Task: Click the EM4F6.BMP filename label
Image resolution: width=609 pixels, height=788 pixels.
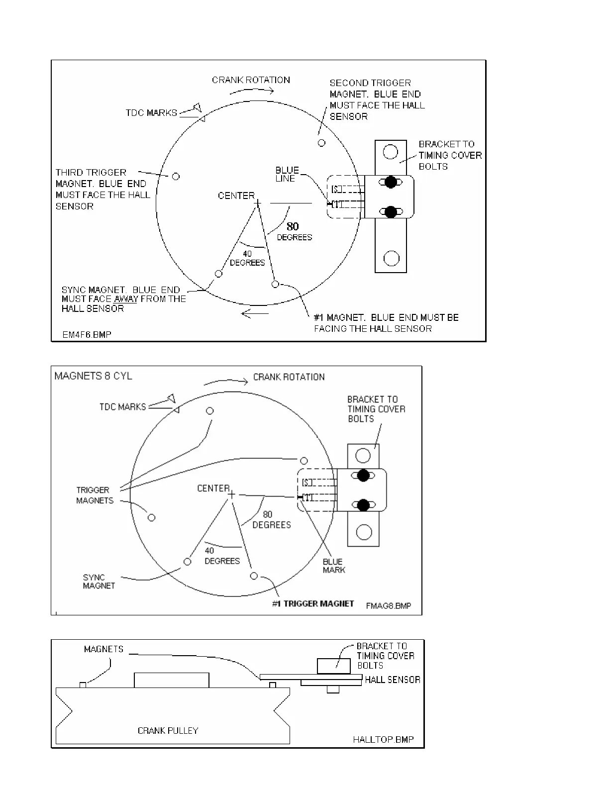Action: pyautogui.click(x=87, y=335)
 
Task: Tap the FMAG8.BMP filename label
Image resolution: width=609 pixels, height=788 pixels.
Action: pyautogui.click(x=388, y=606)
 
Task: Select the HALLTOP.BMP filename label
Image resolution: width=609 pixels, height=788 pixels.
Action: pyautogui.click(x=383, y=740)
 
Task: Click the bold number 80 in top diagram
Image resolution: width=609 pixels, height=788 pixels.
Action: pyautogui.click(x=293, y=227)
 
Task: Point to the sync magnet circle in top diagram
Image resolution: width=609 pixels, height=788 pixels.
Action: pyautogui.click(x=218, y=274)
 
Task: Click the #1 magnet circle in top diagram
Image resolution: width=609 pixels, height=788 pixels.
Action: pyautogui.click(x=275, y=284)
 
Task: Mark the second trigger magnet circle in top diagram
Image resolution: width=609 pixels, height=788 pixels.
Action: pyautogui.click(x=321, y=143)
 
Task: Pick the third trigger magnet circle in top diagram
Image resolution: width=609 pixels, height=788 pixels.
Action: pyautogui.click(x=175, y=176)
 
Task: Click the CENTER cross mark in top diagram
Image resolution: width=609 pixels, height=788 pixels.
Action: pyautogui.click(x=257, y=202)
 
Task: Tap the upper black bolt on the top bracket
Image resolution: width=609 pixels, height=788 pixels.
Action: pyautogui.click(x=391, y=182)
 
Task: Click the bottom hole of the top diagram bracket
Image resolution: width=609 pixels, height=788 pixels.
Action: pyautogui.click(x=392, y=258)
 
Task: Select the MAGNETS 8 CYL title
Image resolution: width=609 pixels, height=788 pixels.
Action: pyautogui.click(x=93, y=376)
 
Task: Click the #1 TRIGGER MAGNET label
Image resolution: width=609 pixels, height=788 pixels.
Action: pyautogui.click(x=313, y=603)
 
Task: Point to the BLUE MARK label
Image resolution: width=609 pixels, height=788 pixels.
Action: pyautogui.click(x=333, y=566)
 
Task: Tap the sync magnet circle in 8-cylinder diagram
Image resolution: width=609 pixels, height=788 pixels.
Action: pyautogui.click(x=187, y=562)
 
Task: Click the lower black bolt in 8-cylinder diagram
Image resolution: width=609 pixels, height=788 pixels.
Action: pyautogui.click(x=363, y=505)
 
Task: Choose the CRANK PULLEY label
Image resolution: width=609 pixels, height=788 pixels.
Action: pyautogui.click(x=168, y=731)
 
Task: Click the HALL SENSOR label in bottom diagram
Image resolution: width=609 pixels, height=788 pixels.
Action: pyautogui.click(x=393, y=680)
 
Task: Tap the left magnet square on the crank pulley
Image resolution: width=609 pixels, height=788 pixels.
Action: pyautogui.click(x=83, y=685)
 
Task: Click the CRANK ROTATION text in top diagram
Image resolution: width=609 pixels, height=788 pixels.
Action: pyautogui.click(x=251, y=80)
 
